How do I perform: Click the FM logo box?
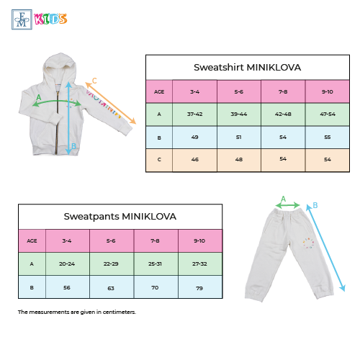pos(22,19)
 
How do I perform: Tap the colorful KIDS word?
pos(50,19)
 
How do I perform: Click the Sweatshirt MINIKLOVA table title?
pos(247,68)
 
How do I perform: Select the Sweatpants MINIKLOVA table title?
pos(120,217)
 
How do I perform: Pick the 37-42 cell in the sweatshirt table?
pos(195,114)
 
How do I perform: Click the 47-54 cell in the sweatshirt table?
pos(328,114)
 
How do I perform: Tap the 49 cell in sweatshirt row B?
pos(195,138)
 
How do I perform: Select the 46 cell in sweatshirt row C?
pos(195,160)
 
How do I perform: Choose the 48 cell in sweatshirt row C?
pos(239,160)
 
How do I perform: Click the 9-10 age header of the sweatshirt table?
pos(328,91)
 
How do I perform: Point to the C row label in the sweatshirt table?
pos(159,160)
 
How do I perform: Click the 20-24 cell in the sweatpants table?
pos(67,264)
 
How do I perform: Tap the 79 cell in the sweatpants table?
pos(199,288)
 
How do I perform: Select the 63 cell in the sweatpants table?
pos(111,288)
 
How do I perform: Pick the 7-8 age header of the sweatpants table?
pos(155,240)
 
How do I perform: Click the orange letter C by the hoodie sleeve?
pos(94,81)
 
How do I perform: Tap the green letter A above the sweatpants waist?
pos(284,199)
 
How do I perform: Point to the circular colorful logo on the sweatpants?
pos(308,243)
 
